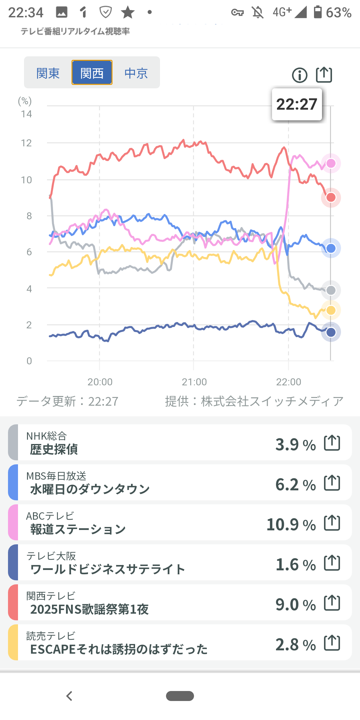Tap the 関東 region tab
(48, 73)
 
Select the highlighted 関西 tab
(92, 73)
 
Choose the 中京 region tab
(136, 73)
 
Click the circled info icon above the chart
(299, 75)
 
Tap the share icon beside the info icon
(324, 75)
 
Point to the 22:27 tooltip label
(297, 104)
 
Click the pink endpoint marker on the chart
(331, 163)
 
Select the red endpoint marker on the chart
(331, 197)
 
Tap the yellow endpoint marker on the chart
(331, 310)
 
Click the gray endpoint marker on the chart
(331, 290)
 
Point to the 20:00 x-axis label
(100, 382)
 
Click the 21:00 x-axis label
(194, 382)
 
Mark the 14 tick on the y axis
(26, 114)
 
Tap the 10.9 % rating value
(291, 524)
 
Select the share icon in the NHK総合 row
(332, 443)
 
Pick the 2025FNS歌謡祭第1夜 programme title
(89, 609)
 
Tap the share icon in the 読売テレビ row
(332, 643)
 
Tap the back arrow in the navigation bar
(69, 696)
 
